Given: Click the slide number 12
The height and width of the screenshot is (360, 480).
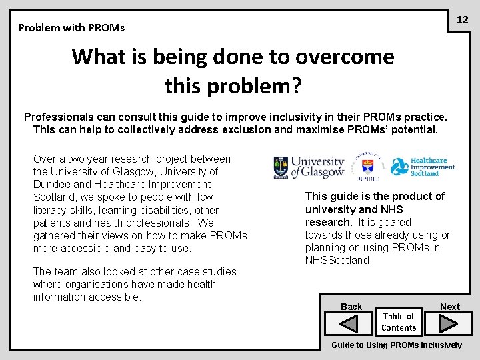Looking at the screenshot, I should click(x=462, y=20).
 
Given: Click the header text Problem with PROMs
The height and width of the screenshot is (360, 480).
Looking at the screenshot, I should click(x=71, y=28).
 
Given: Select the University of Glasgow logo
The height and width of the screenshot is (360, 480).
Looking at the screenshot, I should click(x=309, y=167).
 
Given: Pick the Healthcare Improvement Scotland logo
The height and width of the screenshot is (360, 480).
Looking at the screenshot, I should click(x=423, y=167).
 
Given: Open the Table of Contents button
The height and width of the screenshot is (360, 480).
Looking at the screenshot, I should click(x=399, y=322).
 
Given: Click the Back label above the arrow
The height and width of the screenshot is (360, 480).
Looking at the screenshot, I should click(x=351, y=307).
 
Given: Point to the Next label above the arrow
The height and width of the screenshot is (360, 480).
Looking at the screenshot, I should click(x=449, y=307).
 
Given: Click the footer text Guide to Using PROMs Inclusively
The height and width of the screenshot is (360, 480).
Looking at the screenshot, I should click(x=396, y=345).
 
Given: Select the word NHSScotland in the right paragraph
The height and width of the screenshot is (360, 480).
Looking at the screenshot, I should click(x=338, y=261).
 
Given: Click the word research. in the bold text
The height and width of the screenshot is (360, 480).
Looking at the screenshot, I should click(x=329, y=223).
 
